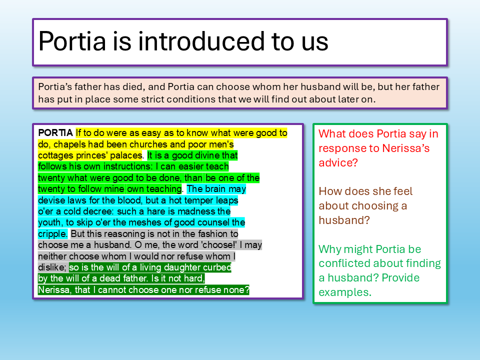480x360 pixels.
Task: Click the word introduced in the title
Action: pyautogui.click(x=201, y=41)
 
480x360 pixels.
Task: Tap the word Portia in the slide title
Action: pyautogui.click(x=72, y=41)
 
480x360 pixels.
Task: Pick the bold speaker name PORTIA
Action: pyautogui.click(x=55, y=133)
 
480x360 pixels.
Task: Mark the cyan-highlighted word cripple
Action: pyautogui.click(x=52, y=234)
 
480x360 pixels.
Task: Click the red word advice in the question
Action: pyautogui.click(x=338, y=163)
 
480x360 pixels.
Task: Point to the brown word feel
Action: pyautogui.click(x=401, y=191)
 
